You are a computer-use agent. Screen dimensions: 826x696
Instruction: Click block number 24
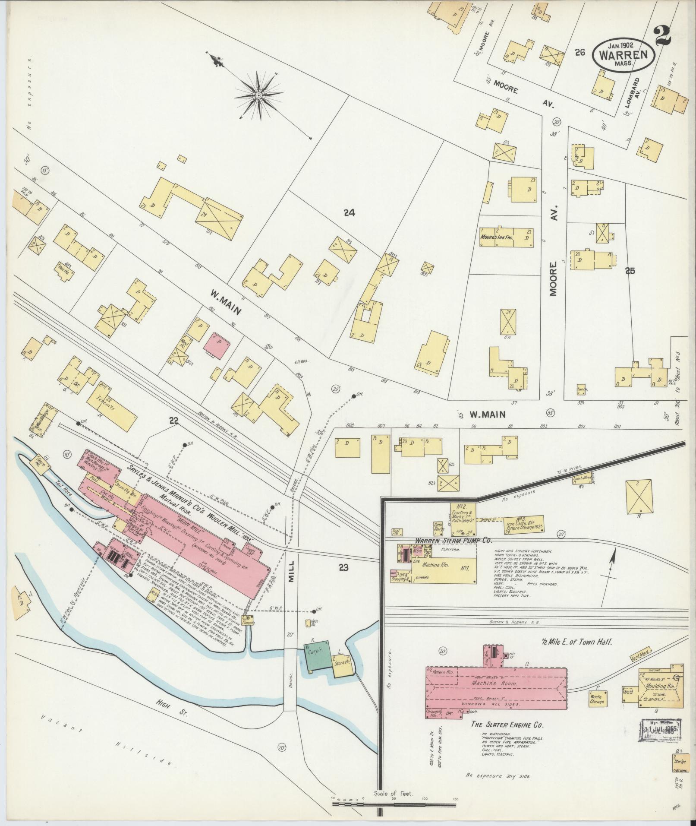pyautogui.click(x=349, y=212)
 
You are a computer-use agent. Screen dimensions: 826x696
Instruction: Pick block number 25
pyautogui.click(x=630, y=271)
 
